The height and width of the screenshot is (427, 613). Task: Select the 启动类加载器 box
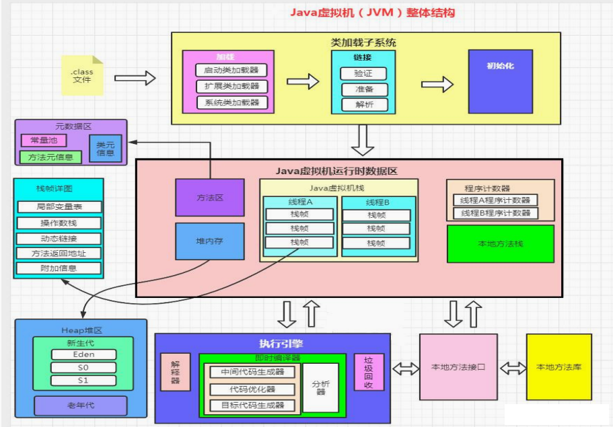(232, 70)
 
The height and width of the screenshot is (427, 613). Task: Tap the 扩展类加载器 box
(232, 86)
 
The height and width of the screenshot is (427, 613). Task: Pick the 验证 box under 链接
(363, 73)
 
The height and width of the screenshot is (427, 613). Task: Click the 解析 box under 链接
(363, 104)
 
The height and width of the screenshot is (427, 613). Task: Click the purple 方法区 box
(209, 197)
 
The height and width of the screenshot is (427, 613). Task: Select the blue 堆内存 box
(209, 241)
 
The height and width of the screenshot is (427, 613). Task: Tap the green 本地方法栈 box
(500, 243)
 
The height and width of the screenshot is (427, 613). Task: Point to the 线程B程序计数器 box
(495, 213)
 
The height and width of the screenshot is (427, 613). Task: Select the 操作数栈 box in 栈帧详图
(59, 223)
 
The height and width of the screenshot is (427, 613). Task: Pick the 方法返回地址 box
(59, 253)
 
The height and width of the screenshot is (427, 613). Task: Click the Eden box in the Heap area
(83, 354)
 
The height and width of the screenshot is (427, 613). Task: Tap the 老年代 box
(80, 405)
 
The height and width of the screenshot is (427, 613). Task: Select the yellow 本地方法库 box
(558, 367)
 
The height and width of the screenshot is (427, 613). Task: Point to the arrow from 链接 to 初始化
(437, 84)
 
